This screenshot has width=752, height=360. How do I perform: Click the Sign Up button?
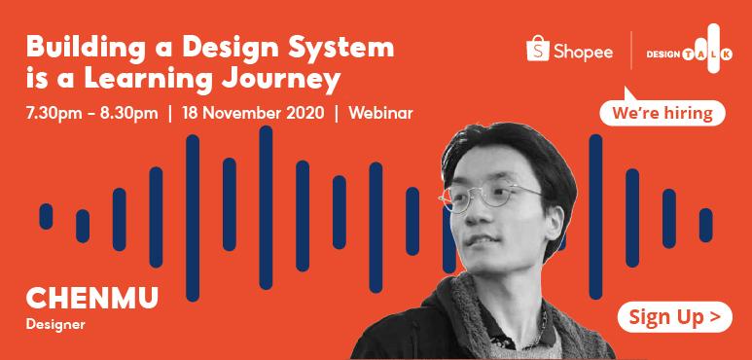[x=674, y=316]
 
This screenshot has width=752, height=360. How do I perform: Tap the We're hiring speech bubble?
[x=662, y=114]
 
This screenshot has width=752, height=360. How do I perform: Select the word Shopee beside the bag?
[x=584, y=52]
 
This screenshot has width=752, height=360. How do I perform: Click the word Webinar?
[x=380, y=113]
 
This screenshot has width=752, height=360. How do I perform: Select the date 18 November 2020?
[x=252, y=113]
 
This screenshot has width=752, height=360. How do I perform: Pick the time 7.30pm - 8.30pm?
[x=93, y=113]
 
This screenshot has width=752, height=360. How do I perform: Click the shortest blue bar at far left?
[x=46, y=216]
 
